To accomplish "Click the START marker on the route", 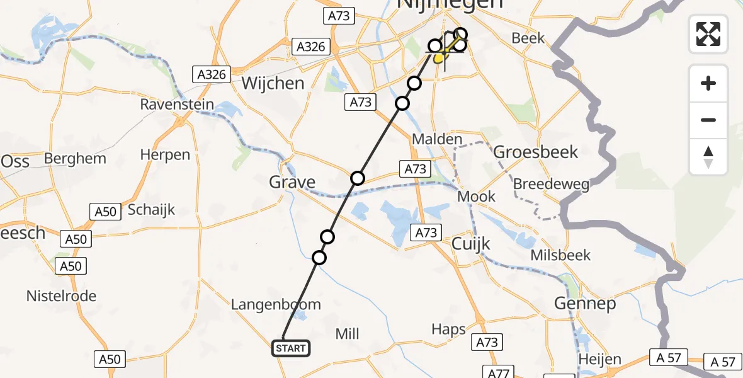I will [x=290, y=348].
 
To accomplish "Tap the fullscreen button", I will [x=708, y=33].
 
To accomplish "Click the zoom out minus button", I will [x=708, y=120].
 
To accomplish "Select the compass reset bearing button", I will [x=708, y=156].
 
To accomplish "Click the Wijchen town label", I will [x=273, y=83].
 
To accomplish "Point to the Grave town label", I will [x=292, y=183].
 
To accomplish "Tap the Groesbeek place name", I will [x=535, y=152].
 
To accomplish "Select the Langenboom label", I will [x=276, y=305].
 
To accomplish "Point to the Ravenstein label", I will [x=177, y=105].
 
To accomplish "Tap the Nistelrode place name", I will [x=61, y=296].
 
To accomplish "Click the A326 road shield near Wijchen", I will [x=210, y=74].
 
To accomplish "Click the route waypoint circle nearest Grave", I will [x=358, y=178].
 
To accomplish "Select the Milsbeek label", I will [x=560, y=255].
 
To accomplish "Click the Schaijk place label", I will [x=151, y=210].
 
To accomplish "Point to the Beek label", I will [x=528, y=38].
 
